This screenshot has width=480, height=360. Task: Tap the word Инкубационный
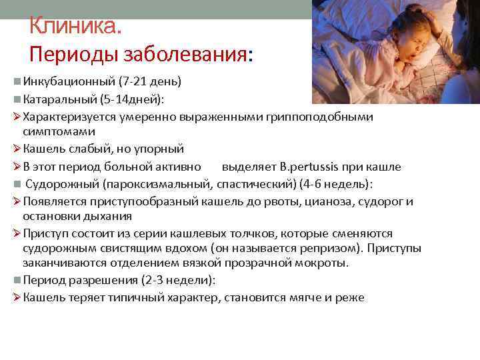pos(69,83)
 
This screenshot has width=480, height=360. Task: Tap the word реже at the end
pos(351,297)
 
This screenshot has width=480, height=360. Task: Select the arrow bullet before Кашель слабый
pos(17,149)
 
